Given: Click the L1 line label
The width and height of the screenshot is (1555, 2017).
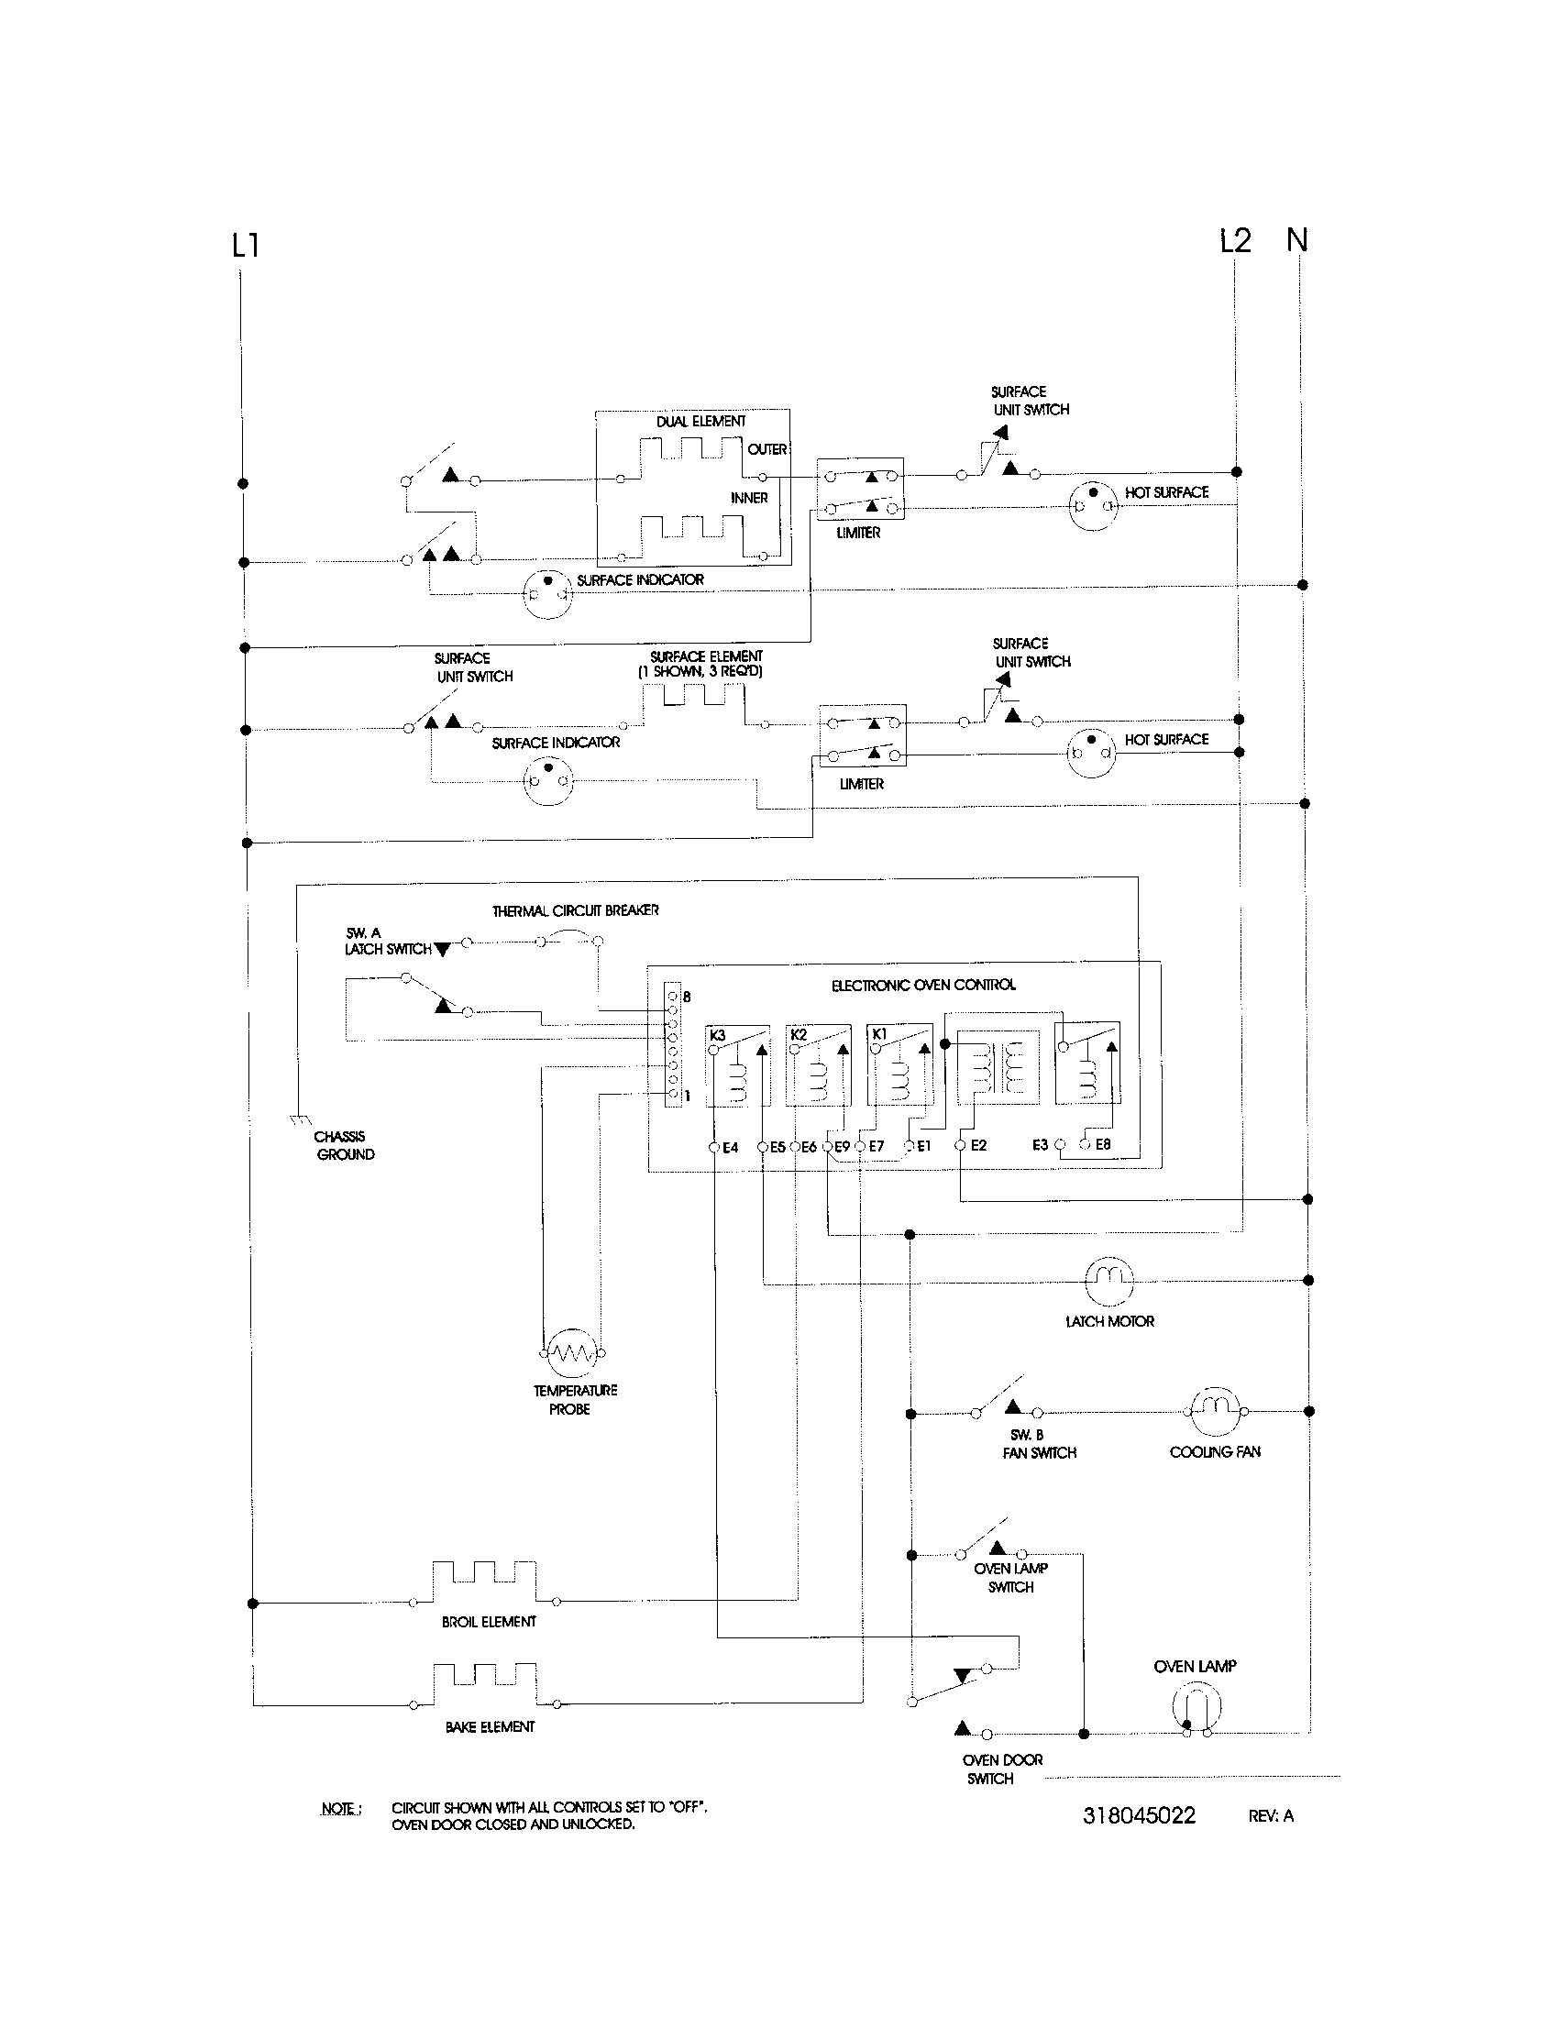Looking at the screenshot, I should pos(245,246).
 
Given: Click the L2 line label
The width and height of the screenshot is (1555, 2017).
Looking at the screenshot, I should pos(1235,241).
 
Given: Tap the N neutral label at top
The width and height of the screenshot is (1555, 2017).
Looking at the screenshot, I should pos(1297,240).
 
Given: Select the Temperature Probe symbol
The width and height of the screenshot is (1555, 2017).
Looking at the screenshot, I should pos(570,1353).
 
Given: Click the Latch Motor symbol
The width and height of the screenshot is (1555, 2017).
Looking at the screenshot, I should pos(1108,1278).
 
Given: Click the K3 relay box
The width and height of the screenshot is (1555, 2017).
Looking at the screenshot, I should pos(738,1064).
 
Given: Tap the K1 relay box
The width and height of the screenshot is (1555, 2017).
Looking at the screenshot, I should pos(899,1064).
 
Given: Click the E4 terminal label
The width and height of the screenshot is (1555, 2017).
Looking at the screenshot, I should pos(730,1148).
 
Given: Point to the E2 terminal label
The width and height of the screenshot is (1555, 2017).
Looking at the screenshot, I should pos(978,1145).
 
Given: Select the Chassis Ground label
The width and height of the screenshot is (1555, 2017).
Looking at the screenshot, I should pos(344,1145).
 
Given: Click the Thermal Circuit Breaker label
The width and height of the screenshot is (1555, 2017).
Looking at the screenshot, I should pos(575,910).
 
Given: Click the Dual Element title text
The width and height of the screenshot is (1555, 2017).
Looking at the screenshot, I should pos(700,421).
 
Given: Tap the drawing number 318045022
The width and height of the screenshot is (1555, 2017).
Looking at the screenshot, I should pos(1139,1815).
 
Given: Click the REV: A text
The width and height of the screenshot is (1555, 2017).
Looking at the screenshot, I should pos(1271,1815).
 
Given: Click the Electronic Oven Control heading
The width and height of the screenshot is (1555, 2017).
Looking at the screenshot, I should pos(922,986).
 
